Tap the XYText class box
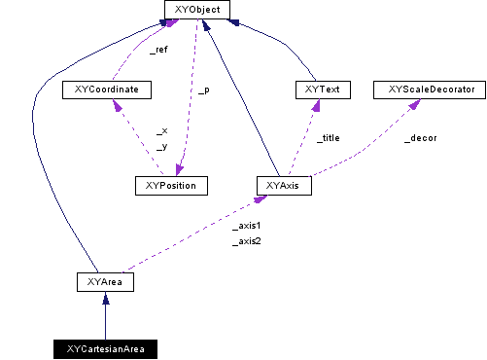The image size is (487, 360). (322, 90)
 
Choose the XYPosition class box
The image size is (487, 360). (172, 185)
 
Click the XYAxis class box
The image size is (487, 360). (283, 185)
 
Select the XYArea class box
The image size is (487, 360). (104, 282)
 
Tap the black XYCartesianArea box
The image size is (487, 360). (105, 347)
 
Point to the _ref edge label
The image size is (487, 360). (157, 49)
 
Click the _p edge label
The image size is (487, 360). (203, 90)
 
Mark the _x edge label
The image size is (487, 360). (161, 130)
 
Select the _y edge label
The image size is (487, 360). (161, 146)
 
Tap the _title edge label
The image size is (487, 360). (329, 138)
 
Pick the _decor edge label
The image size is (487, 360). (420, 138)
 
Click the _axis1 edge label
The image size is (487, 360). (247, 225)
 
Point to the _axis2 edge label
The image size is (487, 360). (247, 240)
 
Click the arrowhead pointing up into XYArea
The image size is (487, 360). (104, 298)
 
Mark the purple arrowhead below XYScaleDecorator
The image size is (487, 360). (411, 104)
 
